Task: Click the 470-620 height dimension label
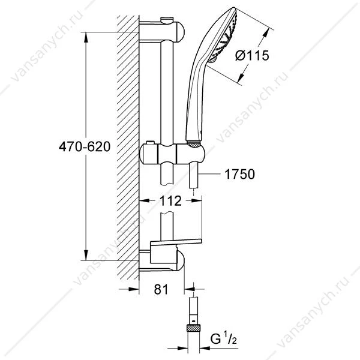click(x=85, y=147)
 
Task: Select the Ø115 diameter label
click(x=252, y=56)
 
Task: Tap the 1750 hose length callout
click(x=239, y=174)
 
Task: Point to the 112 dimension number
click(x=170, y=201)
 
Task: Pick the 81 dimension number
click(x=161, y=289)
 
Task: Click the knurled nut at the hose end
click(x=194, y=328)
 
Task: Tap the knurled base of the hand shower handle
click(x=194, y=143)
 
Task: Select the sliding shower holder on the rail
click(x=172, y=154)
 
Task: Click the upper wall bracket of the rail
click(x=162, y=32)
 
